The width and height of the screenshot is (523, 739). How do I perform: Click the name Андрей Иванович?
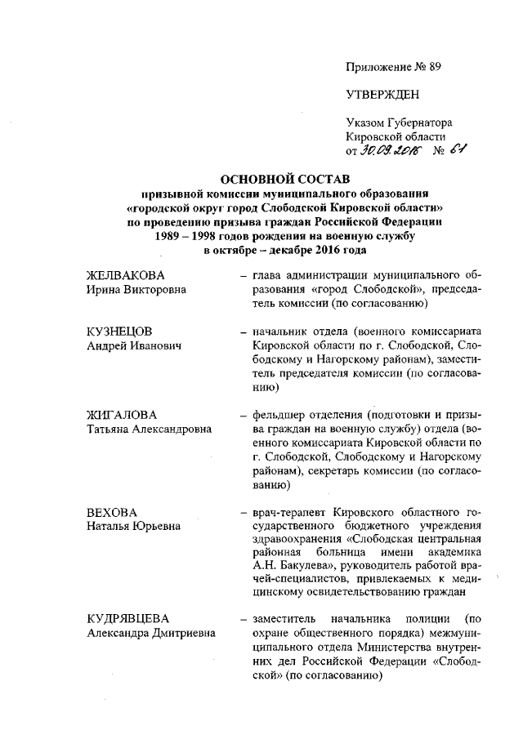[134, 345]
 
